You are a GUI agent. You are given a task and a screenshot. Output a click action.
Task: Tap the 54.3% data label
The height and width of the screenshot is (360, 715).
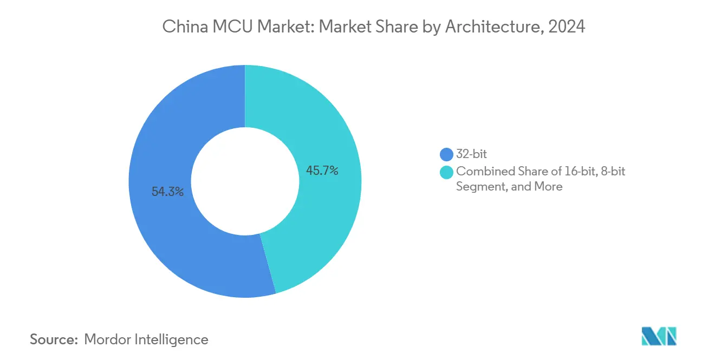[167, 191]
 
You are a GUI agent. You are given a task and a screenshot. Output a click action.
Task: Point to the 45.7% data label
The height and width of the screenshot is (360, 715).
[322, 171]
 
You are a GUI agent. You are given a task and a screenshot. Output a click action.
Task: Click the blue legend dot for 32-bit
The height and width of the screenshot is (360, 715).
[447, 155]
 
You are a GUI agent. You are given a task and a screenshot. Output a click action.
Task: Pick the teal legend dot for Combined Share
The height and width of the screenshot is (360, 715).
[447, 172]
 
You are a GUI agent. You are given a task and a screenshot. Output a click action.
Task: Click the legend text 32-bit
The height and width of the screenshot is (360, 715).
[472, 155]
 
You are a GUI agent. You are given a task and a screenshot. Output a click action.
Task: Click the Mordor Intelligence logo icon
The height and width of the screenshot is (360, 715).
[659, 337]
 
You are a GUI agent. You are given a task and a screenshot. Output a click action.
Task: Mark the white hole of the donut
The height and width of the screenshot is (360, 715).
[245, 181]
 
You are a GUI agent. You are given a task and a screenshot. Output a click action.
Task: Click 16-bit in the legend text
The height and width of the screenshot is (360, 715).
[578, 172]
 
